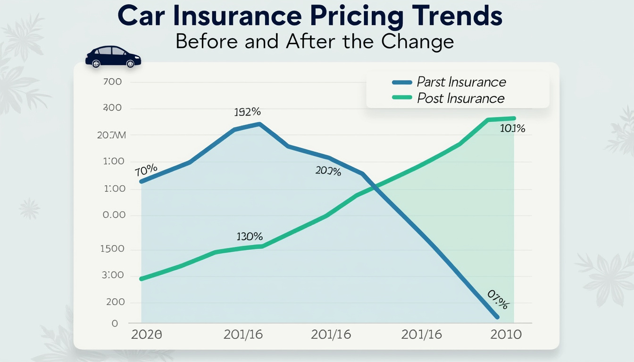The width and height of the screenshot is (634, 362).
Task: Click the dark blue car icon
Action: (113, 57)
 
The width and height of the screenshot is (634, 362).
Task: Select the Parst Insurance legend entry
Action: (460, 82)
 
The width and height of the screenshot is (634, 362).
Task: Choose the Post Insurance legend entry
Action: (460, 99)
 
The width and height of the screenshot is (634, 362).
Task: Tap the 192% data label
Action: (248, 113)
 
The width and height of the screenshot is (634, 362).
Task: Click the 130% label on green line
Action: (250, 237)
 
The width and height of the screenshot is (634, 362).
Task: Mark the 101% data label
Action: (513, 128)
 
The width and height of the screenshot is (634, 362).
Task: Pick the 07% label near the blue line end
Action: (497, 300)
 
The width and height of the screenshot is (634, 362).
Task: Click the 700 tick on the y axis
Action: (112, 82)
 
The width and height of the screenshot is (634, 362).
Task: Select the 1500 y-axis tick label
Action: (112, 249)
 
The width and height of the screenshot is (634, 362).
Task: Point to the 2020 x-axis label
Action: (146, 335)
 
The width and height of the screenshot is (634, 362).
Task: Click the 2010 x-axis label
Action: (506, 335)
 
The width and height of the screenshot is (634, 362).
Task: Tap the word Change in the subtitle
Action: (417, 41)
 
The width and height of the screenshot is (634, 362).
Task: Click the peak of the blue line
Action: (259, 124)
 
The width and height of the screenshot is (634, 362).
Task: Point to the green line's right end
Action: (514, 118)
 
